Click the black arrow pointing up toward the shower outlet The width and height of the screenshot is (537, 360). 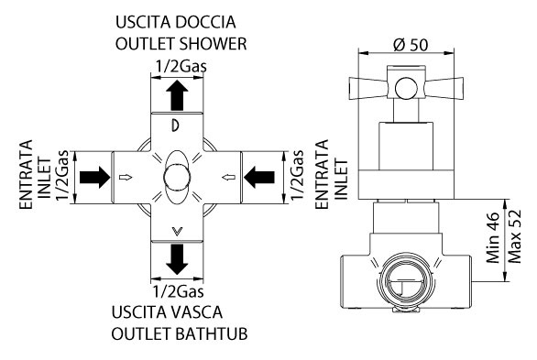177,95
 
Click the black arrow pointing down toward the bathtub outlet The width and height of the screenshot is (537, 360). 177,259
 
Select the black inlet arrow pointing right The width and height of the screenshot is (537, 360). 95,178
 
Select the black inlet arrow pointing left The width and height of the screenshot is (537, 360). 259,178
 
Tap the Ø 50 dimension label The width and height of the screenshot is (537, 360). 411,45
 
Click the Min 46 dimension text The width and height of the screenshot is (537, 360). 493,237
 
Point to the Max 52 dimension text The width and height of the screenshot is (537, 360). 514,236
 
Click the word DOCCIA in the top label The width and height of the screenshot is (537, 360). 205,22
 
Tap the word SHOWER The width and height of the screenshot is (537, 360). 213,44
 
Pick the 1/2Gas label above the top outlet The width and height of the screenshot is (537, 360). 181,66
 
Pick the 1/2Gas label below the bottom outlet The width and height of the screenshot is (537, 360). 178,291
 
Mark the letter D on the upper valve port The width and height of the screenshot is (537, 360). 175,125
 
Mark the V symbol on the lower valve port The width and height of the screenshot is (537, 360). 177,232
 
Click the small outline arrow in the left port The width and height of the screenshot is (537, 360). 126,178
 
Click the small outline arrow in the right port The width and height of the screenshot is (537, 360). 229,178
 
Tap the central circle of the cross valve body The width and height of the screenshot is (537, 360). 177,178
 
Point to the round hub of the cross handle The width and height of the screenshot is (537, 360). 406,88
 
